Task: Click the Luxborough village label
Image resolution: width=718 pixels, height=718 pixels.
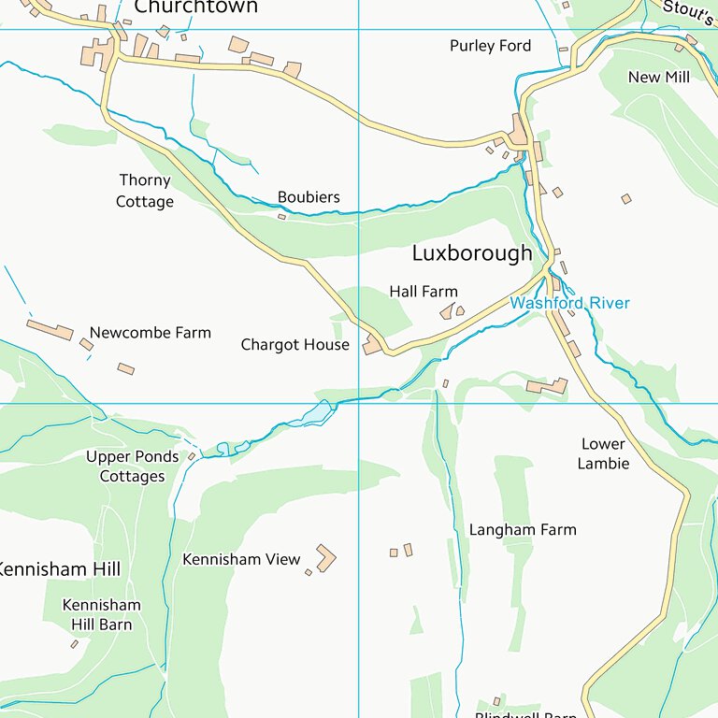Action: click(472, 253)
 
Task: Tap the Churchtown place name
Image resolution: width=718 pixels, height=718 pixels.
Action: click(195, 7)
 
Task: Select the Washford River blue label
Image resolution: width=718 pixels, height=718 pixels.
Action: click(569, 303)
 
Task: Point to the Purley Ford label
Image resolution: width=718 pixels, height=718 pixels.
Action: click(490, 46)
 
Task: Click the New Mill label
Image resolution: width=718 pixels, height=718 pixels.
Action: click(658, 77)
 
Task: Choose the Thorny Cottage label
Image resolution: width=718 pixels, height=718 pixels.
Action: click(145, 191)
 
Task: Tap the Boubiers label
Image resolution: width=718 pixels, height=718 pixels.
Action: click(309, 197)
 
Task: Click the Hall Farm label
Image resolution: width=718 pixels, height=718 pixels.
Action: click(424, 292)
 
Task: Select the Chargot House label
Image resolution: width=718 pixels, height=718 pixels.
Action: click(294, 345)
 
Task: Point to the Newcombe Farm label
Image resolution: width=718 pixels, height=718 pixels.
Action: click(150, 333)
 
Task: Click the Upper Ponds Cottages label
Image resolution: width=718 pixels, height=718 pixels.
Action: click(132, 467)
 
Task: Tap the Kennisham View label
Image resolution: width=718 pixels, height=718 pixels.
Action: click(241, 559)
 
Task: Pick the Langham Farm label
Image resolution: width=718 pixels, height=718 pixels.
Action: click(523, 530)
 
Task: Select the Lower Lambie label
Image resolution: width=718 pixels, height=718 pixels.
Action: click(603, 453)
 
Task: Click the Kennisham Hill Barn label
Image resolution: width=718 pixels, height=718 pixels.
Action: click(101, 614)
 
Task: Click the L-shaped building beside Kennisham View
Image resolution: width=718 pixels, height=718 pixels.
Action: click(325, 558)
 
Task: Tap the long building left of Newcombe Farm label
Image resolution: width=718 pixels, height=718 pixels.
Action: click(50, 329)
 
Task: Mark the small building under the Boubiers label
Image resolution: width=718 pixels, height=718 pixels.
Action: click(281, 217)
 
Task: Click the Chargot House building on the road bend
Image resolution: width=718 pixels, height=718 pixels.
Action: click(373, 345)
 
